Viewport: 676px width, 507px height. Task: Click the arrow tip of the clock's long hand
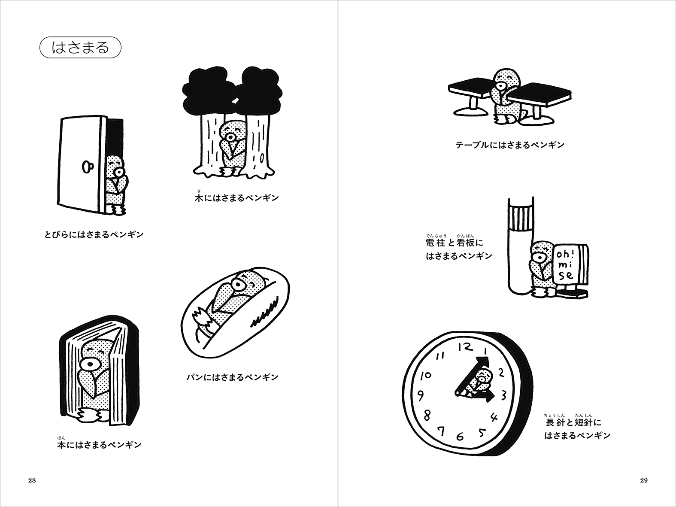[x=488, y=358]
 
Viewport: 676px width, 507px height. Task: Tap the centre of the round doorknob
[x=87, y=166]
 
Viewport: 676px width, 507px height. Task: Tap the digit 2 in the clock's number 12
[x=469, y=347]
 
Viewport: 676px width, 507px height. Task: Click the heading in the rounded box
[x=80, y=48]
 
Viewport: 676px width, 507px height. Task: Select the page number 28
[x=32, y=480]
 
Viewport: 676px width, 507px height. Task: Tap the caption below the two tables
[x=510, y=145]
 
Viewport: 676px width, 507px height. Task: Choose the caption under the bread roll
[x=233, y=376]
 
